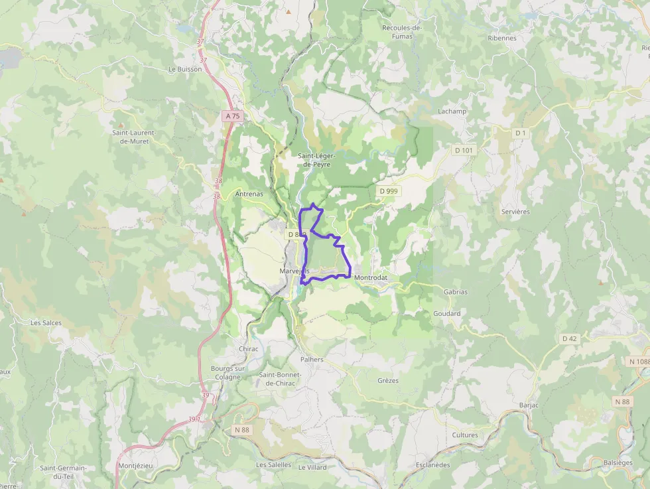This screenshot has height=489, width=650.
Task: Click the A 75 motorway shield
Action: [x=232, y=115]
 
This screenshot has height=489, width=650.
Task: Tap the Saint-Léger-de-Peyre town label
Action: [x=316, y=159]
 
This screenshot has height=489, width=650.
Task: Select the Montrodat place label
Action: [x=371, y=277]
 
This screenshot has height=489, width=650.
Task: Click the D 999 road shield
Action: [x=389, y=191]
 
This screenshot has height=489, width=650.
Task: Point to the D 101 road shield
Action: [x=464, y=151]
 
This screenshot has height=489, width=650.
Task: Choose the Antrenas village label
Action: [x=249, y=194]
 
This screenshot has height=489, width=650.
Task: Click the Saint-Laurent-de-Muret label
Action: [x=133, y=137]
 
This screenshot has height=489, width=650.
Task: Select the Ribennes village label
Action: [x=501, y=38]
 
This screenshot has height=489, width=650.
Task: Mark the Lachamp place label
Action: [x=452, y=111]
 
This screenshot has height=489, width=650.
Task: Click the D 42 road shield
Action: [x=570, y=338]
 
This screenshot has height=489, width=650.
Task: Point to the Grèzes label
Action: [x=388, y=381]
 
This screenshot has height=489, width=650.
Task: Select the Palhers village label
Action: [x=312, y=360]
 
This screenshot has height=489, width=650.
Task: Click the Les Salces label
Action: [x=46, y=323]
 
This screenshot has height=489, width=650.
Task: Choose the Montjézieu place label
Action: [x=135, y=466]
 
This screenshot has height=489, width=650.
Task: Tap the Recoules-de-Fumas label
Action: [x=402, y=32]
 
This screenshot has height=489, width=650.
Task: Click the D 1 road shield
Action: [x=521, y=133]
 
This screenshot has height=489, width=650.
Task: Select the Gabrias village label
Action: [x=455, y=292]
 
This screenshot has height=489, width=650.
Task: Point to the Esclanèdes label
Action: [x=432, y=465]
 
